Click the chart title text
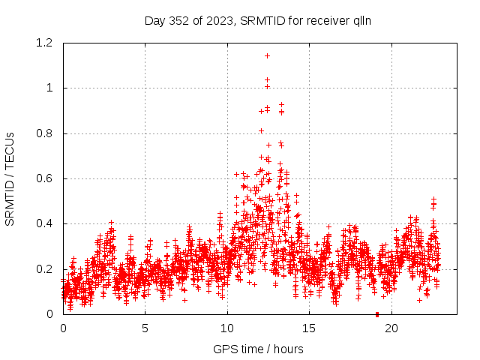pyautogui.click(x=258, y=21)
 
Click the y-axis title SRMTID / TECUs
pyautogui.click(x=10, y=178)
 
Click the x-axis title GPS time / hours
pyautogui.click(x=258, y=349)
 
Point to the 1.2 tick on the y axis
pyautogui.click(x=46, y=43)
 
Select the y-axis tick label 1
pyautogui.click(x=49, y=88)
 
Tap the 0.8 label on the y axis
pyautogui.click(x=46, y=133)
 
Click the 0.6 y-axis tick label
pyautogui.click(x=46, y=178)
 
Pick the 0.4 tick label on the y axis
pyautogui.click(x=46, y=224)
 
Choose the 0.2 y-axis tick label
pyautogui.click(x=46, y=269)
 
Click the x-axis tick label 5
pyautogui.click(x=145, y=328)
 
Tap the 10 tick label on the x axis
pyautogui.click(x=226, y=328)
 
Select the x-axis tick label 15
pyautogui.click(x=308, y=328)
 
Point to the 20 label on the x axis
pyautogui.click(x=391, y=328)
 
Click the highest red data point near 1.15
pyautogui.click(x=267, y=55)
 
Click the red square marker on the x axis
pyautogui.click(x=377, y=314)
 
